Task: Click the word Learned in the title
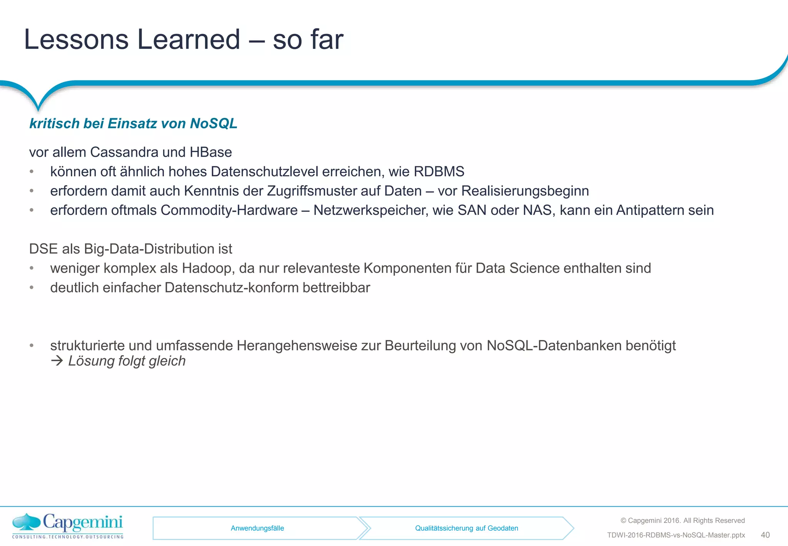(189, 39)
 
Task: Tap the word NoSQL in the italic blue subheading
(214, 123)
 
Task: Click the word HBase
(210, 152)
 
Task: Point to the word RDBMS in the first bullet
(439, 171)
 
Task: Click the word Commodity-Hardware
(229, 210)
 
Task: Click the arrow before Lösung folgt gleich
(57, 361)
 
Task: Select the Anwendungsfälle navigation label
(257, 528)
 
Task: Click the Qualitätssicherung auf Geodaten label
(466, 528)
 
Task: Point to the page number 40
(765, 535)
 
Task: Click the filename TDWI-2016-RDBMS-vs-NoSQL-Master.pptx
(676, 535)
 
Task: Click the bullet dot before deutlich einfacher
(32, 288)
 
